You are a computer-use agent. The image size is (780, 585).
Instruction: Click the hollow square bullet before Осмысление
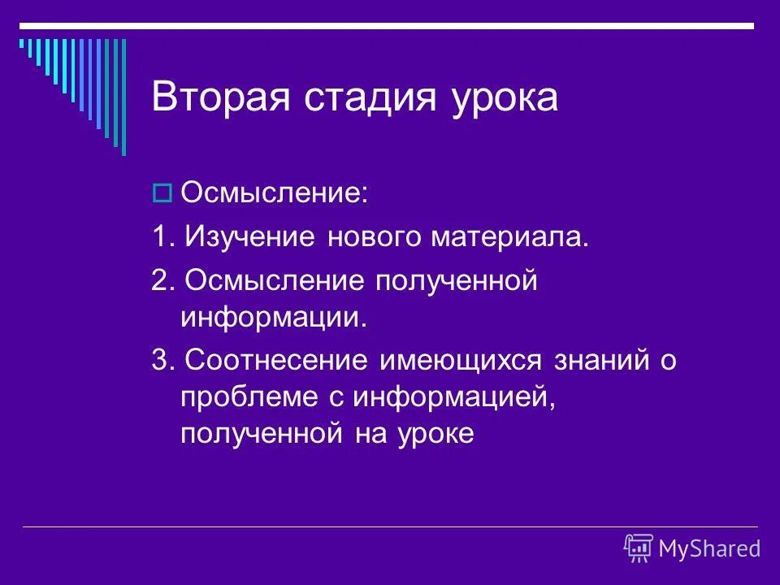161,194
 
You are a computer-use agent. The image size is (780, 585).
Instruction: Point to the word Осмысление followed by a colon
274,194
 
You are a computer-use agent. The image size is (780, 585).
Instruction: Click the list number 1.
161,237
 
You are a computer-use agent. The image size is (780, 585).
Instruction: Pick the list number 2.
161,280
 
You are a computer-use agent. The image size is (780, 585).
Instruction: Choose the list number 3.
161,359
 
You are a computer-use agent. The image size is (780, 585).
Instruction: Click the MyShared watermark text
709,548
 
